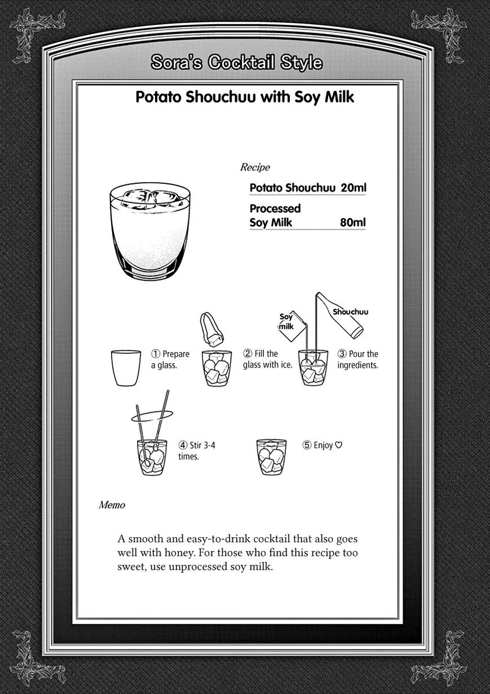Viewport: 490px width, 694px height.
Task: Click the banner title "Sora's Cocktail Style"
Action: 237,63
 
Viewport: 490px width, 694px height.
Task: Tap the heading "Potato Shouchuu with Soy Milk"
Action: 245,97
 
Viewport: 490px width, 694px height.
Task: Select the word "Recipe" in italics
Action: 255,167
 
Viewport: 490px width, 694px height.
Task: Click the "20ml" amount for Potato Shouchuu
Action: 354,188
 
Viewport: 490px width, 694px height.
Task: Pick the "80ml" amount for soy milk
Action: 353,223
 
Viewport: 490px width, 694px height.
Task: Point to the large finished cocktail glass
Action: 150,236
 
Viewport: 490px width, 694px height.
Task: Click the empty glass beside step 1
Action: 126,368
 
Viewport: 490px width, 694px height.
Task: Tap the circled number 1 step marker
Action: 156,354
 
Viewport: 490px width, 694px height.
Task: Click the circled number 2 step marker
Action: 248,353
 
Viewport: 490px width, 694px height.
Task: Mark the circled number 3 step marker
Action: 342,354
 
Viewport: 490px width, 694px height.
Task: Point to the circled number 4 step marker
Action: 183,445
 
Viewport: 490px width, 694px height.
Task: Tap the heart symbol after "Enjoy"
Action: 339,445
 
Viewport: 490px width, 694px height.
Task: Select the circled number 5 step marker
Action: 307,445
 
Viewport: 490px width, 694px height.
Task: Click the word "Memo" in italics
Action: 112,505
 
